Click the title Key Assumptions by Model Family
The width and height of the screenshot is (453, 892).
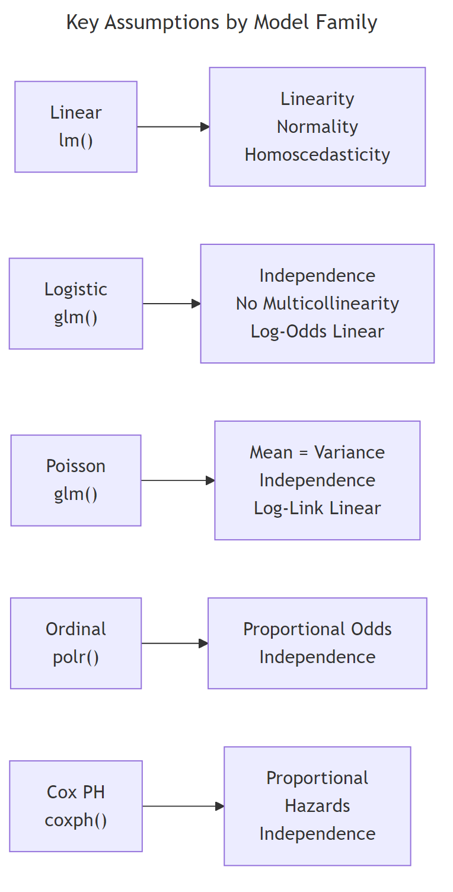point(221,23)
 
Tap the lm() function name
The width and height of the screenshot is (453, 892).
point(76,141)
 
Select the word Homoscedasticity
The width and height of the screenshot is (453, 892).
point(317,155)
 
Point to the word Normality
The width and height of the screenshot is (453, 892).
point(317,127)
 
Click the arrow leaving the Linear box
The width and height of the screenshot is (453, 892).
point(173,127)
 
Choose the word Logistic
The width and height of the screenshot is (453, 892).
point(76,289)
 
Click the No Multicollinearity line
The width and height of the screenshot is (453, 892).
point(317,304)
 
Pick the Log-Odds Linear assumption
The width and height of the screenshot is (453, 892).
point(317,332)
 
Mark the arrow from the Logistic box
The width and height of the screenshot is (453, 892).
point(171,304)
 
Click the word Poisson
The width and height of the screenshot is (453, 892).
point(76,466)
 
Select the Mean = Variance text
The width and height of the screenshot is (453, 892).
point(317,453)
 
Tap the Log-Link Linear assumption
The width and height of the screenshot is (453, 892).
point(317,508)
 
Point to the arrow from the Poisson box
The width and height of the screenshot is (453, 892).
point(177,480)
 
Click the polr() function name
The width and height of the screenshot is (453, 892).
point(76,658)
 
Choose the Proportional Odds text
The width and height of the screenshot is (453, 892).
point(317,629)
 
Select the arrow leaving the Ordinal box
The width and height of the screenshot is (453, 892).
point(174,643)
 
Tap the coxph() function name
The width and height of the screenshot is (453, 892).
point(76,821)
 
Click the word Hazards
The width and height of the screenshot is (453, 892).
point(317,806)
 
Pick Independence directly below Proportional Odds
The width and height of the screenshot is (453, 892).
point(317,657)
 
